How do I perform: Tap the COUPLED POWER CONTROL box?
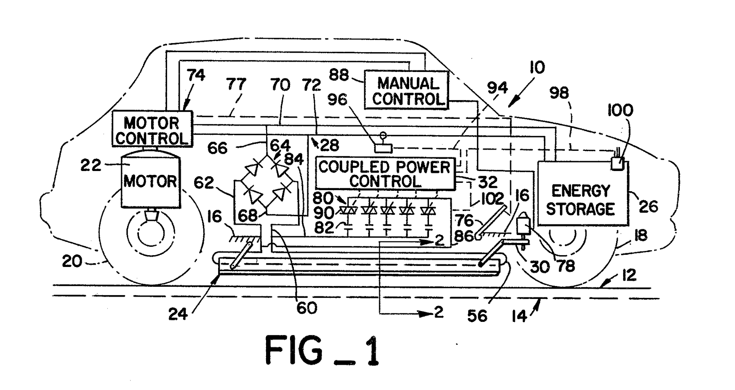tap(385, 174)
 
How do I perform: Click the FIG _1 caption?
tap(322, 351)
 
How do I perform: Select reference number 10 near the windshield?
tap(537, 68)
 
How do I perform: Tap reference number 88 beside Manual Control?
tap(339, 75)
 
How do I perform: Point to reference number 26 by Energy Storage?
tap(648, 206)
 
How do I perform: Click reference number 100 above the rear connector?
tap(620, 110)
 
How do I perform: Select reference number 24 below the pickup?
tap(178, 314)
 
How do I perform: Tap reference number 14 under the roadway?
tap(519, 316)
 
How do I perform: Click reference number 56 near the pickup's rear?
tap(477, 316)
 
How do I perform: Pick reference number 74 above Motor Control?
tap(196, 75)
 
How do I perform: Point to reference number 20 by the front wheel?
tap(72, 261)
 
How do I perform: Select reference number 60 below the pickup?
tap(306, 307)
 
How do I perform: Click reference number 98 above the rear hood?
tap(559, 93)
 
